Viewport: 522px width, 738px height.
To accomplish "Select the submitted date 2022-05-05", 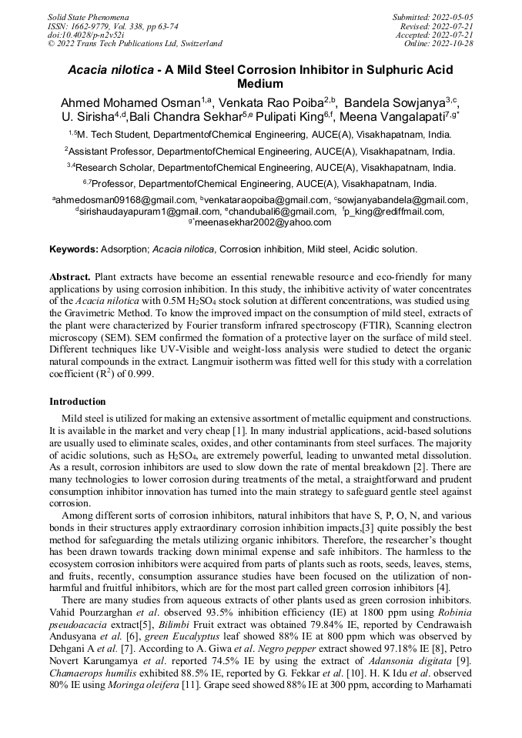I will pyautogui.click(x=451, y=16).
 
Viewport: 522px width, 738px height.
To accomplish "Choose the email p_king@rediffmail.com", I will pyautogui.click(x=394, y=211).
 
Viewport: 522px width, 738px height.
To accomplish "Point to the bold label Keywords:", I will pyautogui.click(x=73, y=249).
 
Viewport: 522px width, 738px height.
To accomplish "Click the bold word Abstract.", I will pyautogui.click(x=71, y=275).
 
